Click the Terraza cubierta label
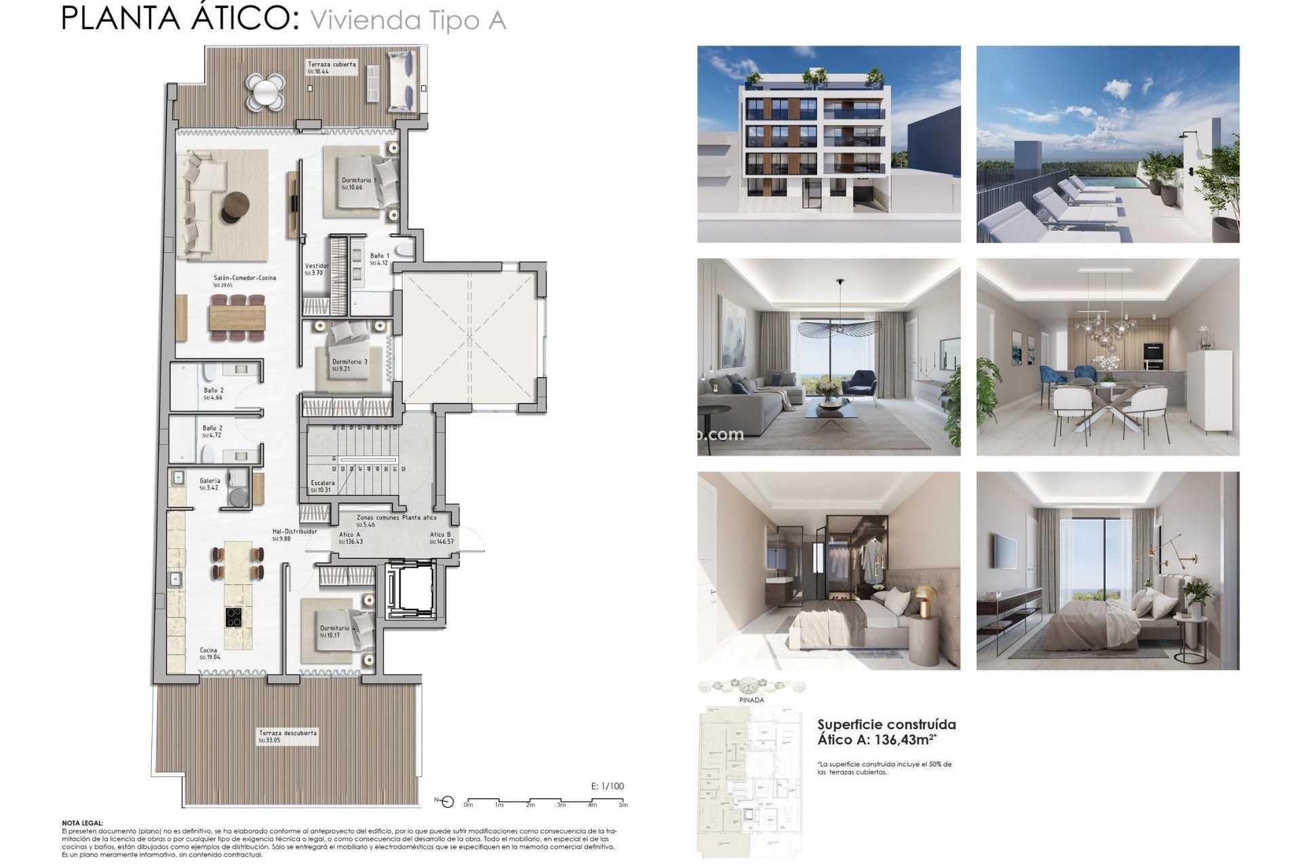331,65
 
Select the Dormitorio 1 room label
358,181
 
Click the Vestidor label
316,267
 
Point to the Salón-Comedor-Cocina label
244,278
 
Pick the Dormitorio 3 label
349,362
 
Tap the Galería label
210,481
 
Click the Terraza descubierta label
287,734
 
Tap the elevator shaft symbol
409,590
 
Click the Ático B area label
440,535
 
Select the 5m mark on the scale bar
623,805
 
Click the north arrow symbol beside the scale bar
446,802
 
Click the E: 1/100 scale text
607,787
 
